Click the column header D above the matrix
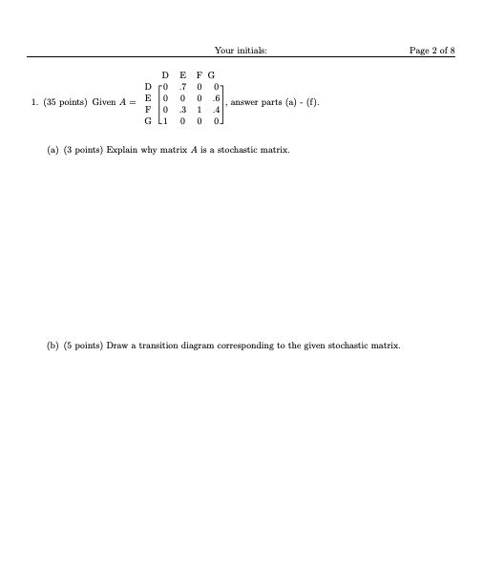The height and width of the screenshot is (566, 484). [x=166, y=73]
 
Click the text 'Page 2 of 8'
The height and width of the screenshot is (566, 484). [x=431, y=49]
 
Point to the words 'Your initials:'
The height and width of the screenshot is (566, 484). [x=241, y=49]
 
